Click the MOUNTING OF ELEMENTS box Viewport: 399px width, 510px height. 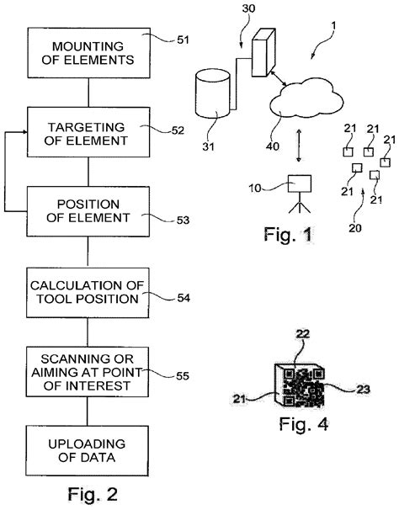click(x=88, y=51)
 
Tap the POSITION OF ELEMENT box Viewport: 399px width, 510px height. click(x=88, y=214)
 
